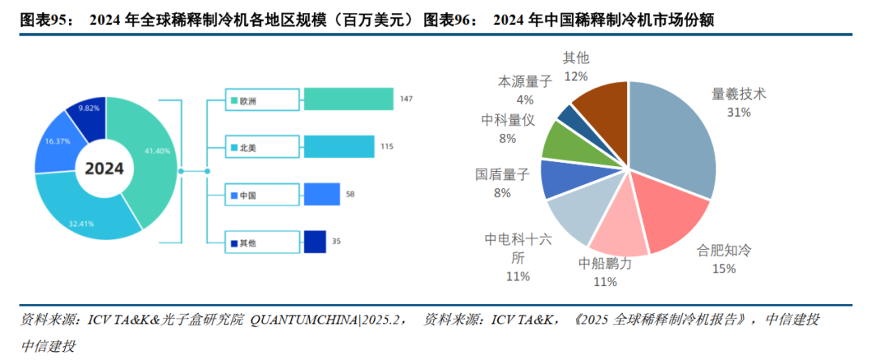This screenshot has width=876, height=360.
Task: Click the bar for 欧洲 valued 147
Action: coord(349,100)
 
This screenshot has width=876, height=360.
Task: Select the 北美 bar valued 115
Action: coord(338,147)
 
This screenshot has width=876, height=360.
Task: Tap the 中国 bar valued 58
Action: coord(322,195)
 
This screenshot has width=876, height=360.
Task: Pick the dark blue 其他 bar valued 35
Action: coord(315,242)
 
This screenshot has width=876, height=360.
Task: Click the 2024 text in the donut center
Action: coord(105,169)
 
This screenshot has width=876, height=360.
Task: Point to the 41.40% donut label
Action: coord(157,152)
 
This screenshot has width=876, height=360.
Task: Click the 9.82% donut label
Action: coord(89,108)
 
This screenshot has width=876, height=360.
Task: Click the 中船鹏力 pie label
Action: coord(605,264)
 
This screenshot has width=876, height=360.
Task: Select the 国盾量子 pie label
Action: coord(502,174)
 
